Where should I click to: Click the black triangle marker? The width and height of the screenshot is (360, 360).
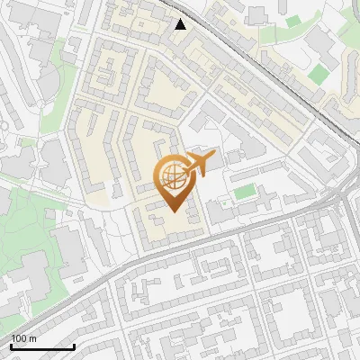[181, 24]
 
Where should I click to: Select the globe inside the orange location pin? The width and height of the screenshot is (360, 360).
[172, 175]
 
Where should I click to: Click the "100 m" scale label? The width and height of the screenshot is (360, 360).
[23, 338]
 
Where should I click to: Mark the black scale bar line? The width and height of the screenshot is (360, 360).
[42, 346]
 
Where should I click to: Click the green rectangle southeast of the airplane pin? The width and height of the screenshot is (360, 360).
[244, 192]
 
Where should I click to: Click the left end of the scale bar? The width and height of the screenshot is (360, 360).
[11, 346]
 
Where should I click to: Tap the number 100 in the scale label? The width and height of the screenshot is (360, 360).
[18, 338]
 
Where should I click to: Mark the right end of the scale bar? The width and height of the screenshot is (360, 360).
[74, 346]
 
